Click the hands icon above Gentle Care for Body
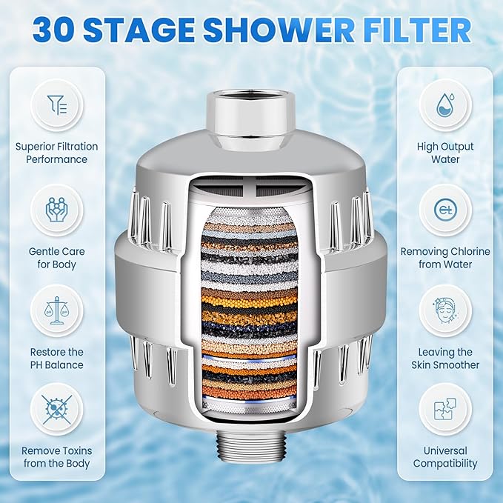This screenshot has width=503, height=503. [x=56, y=210]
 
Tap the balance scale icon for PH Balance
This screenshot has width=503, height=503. [x=56, y=310]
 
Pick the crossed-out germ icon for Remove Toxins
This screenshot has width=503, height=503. [x=56, y=410]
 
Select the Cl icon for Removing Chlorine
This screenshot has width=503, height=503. [x=445, y=210]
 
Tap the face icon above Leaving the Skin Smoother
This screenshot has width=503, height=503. [x=445, y=310]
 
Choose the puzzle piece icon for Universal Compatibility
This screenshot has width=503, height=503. [x=445, y=410]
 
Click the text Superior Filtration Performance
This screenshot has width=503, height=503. [x=56, y=153]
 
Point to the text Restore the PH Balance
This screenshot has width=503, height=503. [x=56, y=359]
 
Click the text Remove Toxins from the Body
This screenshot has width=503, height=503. [x=56, y=457]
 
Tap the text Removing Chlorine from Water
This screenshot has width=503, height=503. [x=445, y=258]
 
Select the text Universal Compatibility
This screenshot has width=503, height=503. [x=445, y=457]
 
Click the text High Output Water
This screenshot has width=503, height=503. [x=445, y=153]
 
